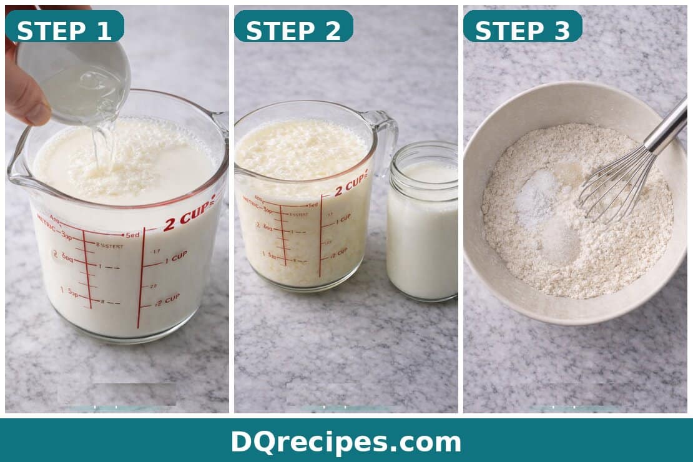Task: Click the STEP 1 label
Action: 64,30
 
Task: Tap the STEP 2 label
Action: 293,30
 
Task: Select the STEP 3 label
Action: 523,30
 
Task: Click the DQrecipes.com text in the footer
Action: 346,442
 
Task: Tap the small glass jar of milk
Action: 422,225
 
